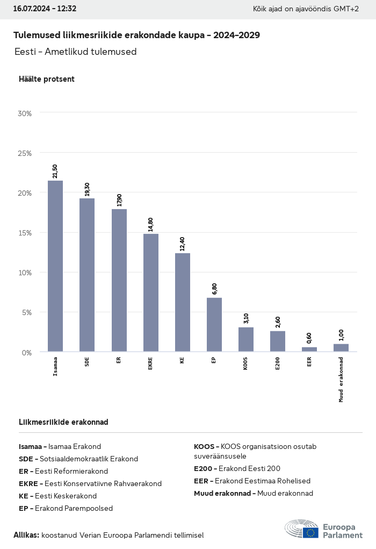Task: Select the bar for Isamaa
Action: click(55, 266)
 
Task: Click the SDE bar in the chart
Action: click(87, 275)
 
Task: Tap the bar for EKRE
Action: click(150, 293)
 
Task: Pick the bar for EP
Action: click(214, 324)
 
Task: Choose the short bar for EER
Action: click(309, 349)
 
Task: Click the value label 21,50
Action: click(55, 171)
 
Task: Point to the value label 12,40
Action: click(183, 244)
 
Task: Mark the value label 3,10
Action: click(246, 318)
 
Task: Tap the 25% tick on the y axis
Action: click(25, 153)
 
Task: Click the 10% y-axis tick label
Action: click(25, 273)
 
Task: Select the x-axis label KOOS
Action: click(246, 363)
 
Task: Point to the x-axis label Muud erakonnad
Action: click(341, 379)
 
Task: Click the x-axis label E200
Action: click(278, 363)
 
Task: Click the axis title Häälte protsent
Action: click(47, 79)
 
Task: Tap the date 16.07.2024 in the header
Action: click(31, 9)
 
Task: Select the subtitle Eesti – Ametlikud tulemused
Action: click(76, 52)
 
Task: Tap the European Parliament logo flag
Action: click(310, 532)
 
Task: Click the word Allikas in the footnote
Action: click(26, 535)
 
